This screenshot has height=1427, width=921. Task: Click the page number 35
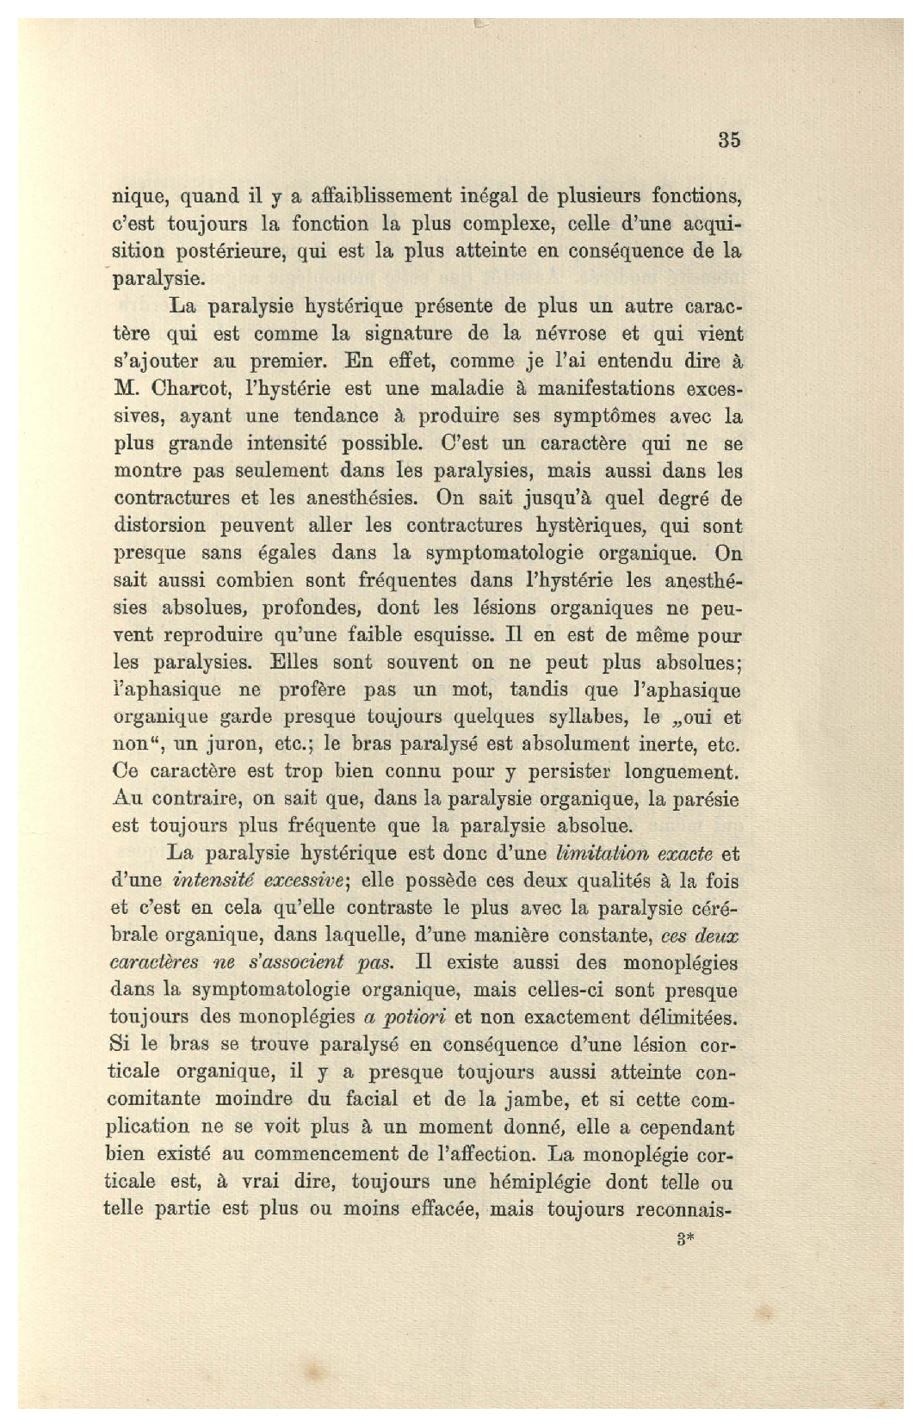(728, 140)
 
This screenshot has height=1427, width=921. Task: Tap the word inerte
(664, 744)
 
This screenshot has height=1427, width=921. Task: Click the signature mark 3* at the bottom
(686, 1240)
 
